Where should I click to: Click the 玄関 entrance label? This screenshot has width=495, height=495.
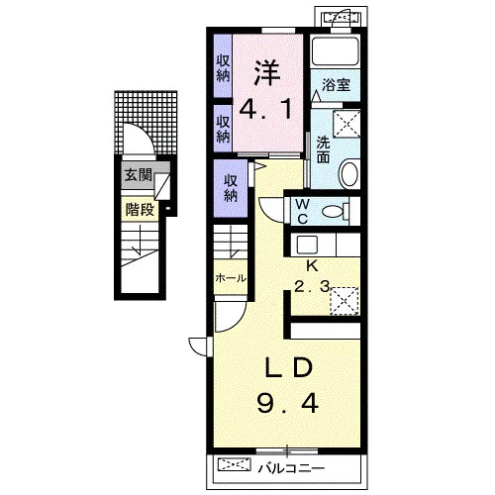pos(139,175)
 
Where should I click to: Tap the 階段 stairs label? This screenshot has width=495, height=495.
pos(140,210)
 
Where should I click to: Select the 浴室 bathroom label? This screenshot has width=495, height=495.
pos(336,85)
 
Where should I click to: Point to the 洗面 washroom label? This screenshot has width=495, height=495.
pos(323,149)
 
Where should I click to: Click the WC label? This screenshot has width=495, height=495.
pos(302,211)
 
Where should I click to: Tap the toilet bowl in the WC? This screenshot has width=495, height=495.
pos(336,211)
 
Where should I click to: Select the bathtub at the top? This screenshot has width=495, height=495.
pos(336,51)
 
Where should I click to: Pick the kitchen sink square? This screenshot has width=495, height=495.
pos(307,245)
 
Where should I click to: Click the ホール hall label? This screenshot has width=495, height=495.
pos(231,278)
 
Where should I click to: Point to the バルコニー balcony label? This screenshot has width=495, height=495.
pos(291,468)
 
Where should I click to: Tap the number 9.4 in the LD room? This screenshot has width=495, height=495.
pos(288,403)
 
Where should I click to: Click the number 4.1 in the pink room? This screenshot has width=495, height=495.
pos(265,110)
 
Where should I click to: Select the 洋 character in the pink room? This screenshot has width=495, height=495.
pos(267,73)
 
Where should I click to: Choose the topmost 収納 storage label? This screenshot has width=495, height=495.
pos(223,68)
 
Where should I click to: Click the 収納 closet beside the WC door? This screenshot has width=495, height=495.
pos(231,188)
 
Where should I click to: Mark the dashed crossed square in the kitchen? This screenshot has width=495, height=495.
pos(345,301)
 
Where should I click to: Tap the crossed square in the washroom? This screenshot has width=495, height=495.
pos(346,124)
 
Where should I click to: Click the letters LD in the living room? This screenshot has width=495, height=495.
pos(289,367)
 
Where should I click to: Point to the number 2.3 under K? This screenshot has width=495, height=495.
pos(312,287)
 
